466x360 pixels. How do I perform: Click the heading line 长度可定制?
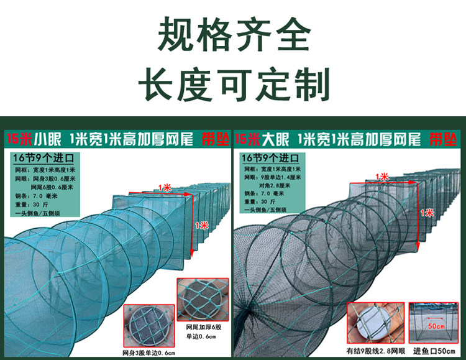tap(233, 84)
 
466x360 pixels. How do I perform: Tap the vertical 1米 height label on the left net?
tap(201, 225)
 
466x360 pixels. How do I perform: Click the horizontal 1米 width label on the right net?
tap(383, 177)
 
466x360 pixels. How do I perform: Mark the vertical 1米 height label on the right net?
tap(427, 213)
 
